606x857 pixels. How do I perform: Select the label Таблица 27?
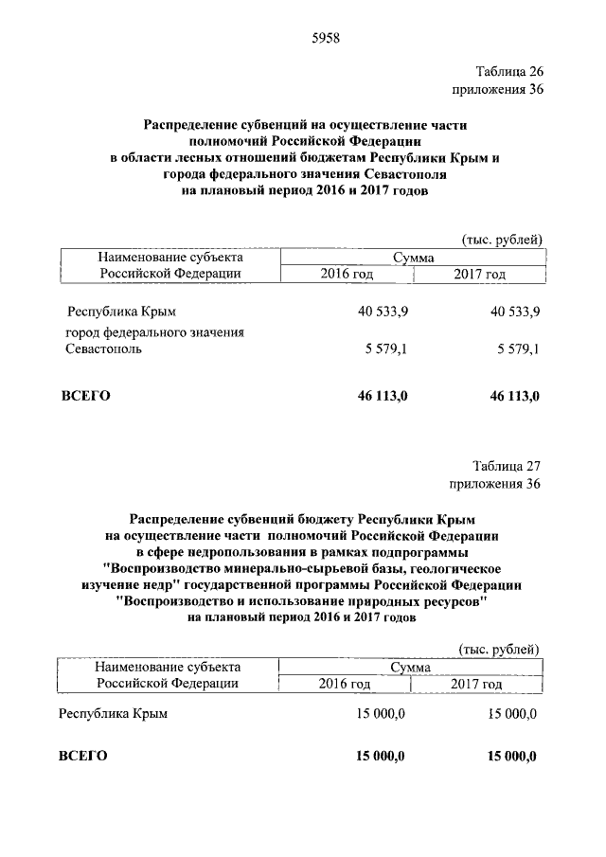pyautogui.click(x=507, y=467)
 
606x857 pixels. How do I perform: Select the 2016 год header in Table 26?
pyautogui.click(x=346, y=274)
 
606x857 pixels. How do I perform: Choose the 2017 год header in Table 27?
pyautogui.click(x=477, y=683)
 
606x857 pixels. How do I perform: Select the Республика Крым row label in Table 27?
pyautogui.click(x=114, y=714)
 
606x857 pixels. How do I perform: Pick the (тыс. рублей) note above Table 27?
pyautogui.click(x=499, y=649)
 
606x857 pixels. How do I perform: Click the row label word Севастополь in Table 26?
pyautogui.click(x=104, y=349)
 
